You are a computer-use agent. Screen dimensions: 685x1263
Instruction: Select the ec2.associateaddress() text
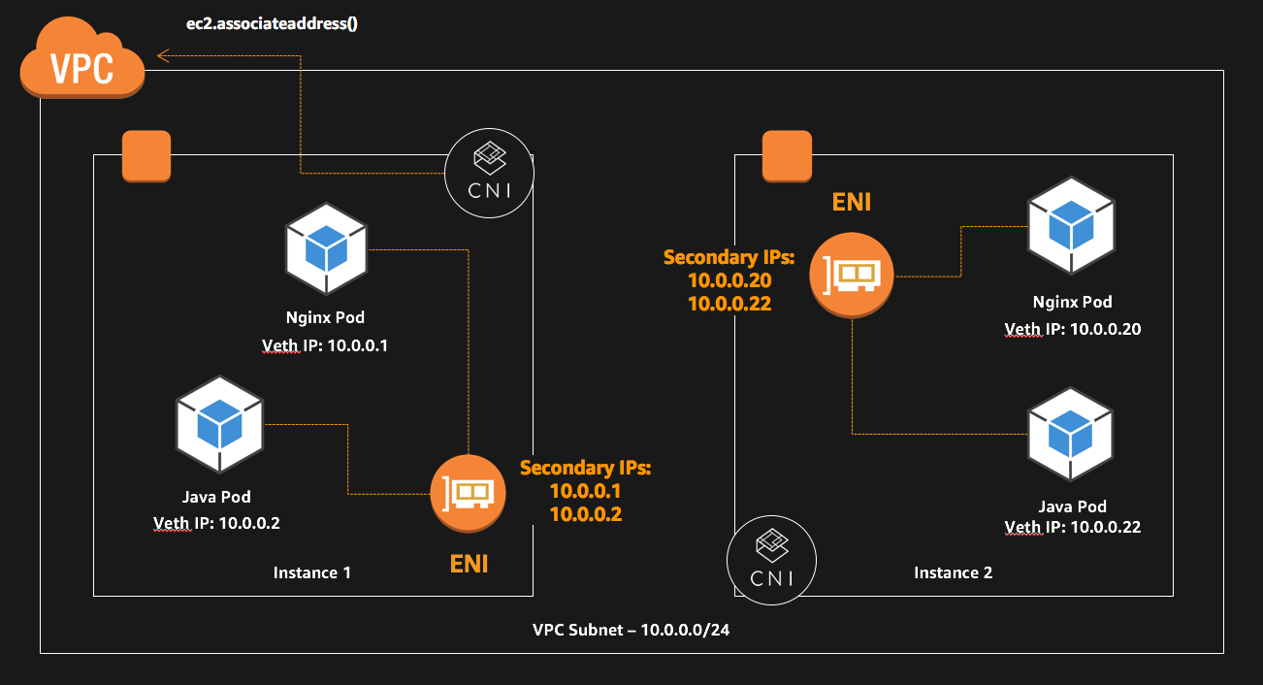273,23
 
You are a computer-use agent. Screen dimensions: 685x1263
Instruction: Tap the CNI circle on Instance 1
488,172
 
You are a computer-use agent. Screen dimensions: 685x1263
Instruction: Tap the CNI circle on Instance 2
771,560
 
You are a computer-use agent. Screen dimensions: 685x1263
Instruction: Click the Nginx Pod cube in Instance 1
327,248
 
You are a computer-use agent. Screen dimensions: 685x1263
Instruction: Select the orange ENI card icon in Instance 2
851,275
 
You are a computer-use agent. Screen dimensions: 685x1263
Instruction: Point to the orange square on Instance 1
146,156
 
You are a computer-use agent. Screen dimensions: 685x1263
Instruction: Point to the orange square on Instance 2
787,156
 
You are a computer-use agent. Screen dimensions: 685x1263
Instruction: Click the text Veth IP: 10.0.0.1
325,346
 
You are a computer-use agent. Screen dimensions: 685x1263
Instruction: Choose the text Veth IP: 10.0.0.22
1072,527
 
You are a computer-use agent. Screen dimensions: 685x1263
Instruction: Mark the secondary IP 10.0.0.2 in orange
585,514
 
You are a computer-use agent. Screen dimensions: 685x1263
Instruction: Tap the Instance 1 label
311,572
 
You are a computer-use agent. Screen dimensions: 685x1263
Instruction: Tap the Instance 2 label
953,572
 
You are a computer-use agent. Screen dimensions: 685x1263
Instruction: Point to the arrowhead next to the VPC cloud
164,57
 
